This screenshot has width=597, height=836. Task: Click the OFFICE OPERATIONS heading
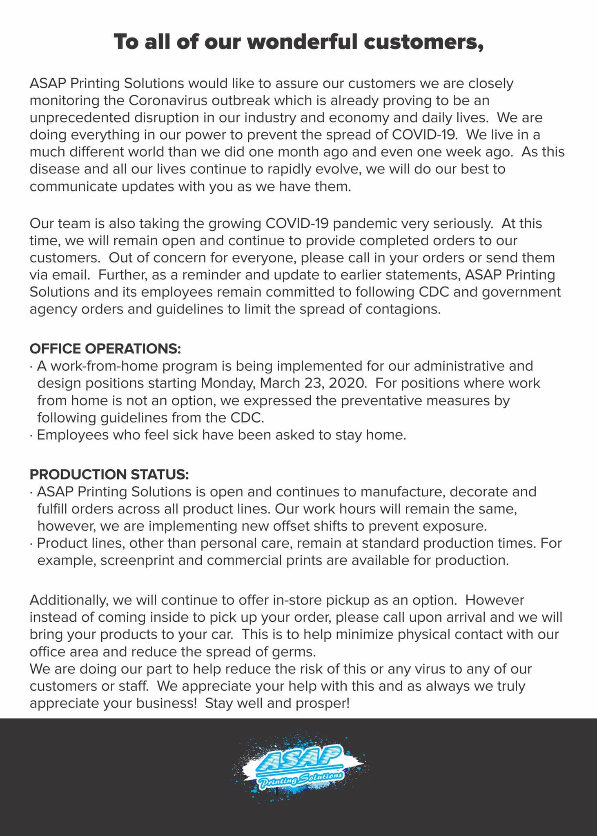tap(105, 349)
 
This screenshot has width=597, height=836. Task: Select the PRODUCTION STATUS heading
tap(109, 474)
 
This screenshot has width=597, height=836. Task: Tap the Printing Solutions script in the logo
tap(301, 778)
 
